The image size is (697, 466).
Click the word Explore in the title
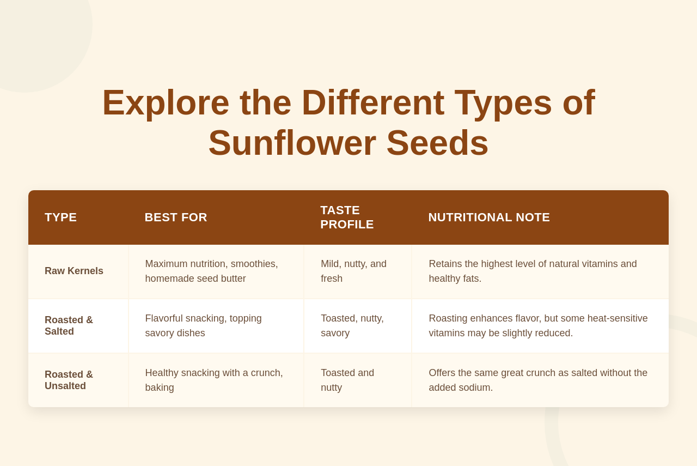click(166, 104)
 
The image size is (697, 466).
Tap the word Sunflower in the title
click(292, 143)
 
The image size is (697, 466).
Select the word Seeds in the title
click(437, 143)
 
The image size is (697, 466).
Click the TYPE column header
click(60, 217)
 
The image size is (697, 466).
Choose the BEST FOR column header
click(176, 217)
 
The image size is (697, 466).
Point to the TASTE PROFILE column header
click(347, 217)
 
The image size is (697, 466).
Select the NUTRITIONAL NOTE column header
click(489, 217)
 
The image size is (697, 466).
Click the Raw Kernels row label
click(74, 271)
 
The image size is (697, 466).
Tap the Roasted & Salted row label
click(69, 325)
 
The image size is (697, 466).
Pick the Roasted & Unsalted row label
click(69, 380)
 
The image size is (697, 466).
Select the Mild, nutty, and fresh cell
click(354, 271)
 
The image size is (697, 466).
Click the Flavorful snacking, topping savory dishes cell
click(204, 325)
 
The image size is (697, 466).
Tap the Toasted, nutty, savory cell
click(352, 325)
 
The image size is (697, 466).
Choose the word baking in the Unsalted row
click(160, 388)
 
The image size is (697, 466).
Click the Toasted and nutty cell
click(347, 380)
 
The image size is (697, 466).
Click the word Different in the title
click(373, 103)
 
